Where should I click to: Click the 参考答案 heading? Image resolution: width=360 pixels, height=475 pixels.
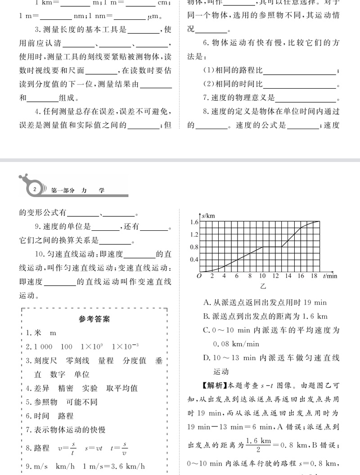(94, 319)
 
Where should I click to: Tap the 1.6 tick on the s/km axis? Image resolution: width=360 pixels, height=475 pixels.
(194, 222)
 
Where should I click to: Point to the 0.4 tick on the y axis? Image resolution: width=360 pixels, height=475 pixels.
(194, 260)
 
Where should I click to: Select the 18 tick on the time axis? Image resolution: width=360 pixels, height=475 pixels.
(314, 276)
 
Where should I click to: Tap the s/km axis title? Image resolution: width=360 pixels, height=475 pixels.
(208, 216)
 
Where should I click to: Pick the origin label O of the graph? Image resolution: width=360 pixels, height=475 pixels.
(198, 276)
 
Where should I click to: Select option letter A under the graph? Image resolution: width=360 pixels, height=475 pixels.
(206, 303)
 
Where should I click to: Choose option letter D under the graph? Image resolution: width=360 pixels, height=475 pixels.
(206, 358)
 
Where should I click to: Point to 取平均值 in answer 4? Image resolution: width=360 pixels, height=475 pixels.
(121, 388)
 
